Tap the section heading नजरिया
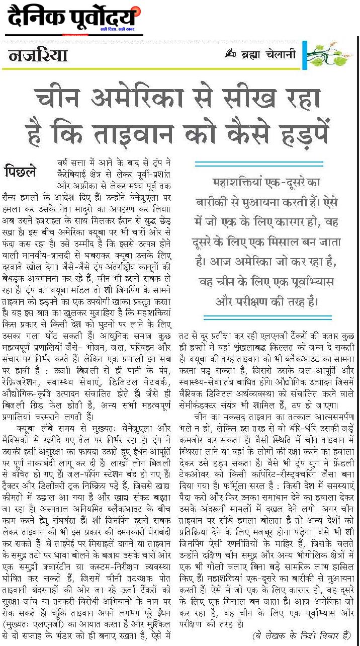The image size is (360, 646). tap(38, 55)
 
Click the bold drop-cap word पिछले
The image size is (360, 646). tap(20, 171)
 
